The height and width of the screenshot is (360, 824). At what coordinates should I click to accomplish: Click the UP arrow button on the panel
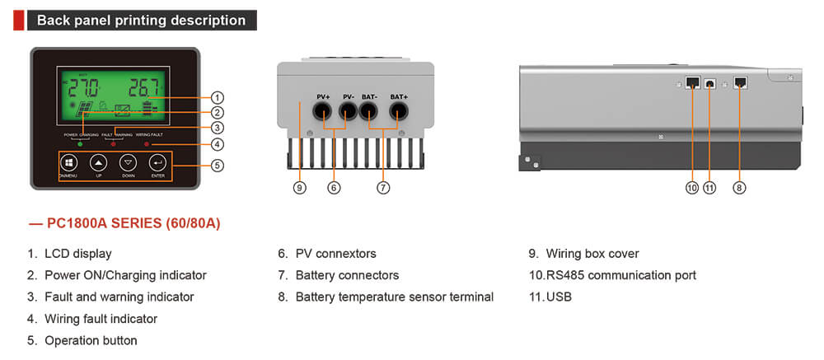(99, 163)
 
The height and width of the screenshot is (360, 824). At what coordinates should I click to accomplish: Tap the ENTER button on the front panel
(157, 163)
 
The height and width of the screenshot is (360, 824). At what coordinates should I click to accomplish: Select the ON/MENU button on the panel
(68, 163)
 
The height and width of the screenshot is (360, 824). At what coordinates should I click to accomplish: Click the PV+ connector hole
(324, 115)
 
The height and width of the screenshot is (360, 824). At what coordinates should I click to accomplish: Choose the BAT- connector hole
(370, 115)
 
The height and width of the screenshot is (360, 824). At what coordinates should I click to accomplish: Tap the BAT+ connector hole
(399, 115)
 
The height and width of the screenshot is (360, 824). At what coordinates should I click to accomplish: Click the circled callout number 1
(218, 96)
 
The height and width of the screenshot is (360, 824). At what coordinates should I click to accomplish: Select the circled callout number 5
(218, 165)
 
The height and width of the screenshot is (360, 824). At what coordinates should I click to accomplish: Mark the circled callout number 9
(300, 188)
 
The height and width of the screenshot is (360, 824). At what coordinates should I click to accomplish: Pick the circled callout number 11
(709, 188)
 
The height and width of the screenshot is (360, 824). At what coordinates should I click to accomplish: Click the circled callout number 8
(739, 188)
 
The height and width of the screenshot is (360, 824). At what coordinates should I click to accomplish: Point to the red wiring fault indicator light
(147, 144)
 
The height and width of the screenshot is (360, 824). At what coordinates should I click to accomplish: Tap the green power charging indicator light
(79, 144)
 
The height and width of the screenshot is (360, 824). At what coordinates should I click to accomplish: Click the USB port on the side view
(709, 84)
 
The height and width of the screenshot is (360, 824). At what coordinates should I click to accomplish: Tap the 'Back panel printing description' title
(141, 21)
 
